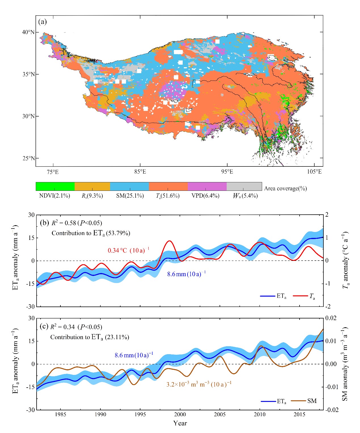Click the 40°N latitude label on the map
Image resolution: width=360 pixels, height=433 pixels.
[28, 32]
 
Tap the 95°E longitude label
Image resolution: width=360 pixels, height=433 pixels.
[227, 172]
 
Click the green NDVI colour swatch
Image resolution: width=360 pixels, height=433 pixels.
[55, 186]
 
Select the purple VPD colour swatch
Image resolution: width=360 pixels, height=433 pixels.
[207, 186]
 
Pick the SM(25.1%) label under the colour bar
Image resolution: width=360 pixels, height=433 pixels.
[130, 196]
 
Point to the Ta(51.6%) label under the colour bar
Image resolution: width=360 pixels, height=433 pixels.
[168, 196]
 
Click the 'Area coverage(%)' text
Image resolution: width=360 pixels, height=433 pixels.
[285, 189]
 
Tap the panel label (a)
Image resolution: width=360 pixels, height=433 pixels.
[42, 22]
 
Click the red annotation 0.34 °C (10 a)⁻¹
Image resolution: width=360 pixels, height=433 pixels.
[128, 250]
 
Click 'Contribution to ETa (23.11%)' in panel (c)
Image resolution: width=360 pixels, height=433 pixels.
[90, 337]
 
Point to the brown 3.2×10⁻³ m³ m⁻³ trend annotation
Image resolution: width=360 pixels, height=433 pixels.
[199, 385]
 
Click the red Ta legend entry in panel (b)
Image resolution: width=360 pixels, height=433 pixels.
[304, 296]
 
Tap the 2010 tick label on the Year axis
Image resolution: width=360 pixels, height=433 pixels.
[260, 415]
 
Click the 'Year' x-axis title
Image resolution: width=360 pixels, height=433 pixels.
[180, 423]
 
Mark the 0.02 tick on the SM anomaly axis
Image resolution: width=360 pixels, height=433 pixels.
[331, 318]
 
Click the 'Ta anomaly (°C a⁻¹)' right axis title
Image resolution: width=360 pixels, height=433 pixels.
[345, 260]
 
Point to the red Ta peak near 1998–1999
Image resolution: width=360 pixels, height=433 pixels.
[169, 241]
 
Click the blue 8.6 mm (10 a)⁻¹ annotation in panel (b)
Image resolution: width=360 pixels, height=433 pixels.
[186, 274]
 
